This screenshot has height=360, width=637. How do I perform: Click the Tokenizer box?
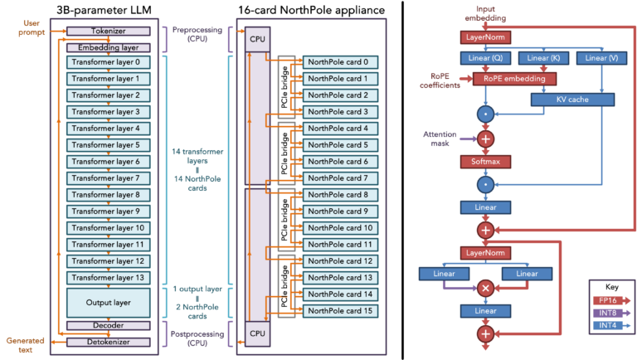109,31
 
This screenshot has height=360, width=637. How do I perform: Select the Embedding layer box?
109,47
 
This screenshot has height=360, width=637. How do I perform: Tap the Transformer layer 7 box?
109,178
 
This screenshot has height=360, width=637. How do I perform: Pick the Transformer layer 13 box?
109,278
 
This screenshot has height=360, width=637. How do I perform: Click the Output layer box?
109,301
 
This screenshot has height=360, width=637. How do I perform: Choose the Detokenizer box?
109,342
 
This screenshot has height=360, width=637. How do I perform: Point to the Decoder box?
109,325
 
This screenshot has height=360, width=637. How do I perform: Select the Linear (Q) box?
484,58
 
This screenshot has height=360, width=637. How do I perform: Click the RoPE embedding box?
514,79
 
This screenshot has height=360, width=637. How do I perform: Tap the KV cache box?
572,100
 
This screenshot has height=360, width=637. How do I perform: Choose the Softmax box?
485,162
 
